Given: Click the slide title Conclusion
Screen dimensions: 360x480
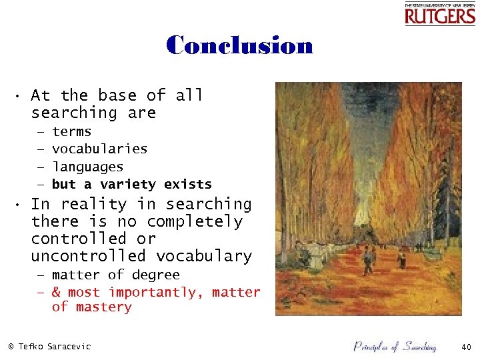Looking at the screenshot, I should click(x=239, y=45).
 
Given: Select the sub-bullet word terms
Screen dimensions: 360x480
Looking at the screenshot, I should click(x=71, y=132).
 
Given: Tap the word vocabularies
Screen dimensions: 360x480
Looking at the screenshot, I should click(x=99, y=149).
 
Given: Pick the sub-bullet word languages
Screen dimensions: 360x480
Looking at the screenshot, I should click(x=87, y=167).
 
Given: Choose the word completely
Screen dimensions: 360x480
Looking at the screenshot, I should click(x=195, y=221).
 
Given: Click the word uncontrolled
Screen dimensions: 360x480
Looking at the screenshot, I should click(x=88, y=256).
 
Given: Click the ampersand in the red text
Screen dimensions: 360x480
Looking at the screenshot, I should click(x=56, y=292).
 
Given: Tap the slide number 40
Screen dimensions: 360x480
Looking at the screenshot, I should click(x=465, y=346).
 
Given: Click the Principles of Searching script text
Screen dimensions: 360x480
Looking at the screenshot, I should click(x=395, y=346).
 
